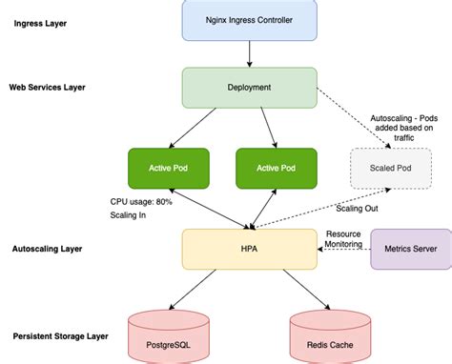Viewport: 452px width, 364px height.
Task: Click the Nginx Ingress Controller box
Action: click(249, 20)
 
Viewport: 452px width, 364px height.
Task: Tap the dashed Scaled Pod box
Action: click(383, 168)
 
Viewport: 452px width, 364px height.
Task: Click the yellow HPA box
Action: click(249, 248)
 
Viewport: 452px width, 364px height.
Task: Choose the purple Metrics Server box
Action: click(410, 249)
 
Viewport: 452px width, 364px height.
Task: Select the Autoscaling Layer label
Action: click(49, 249)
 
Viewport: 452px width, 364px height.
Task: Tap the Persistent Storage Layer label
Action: click(60, 336)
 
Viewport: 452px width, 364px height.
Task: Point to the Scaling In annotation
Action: click(128, 215)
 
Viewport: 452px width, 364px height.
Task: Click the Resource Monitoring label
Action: click(343, 238)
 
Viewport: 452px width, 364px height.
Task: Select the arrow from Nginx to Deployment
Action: click(249, 53)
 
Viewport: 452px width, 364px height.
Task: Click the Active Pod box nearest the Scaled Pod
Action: click(277, 168)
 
